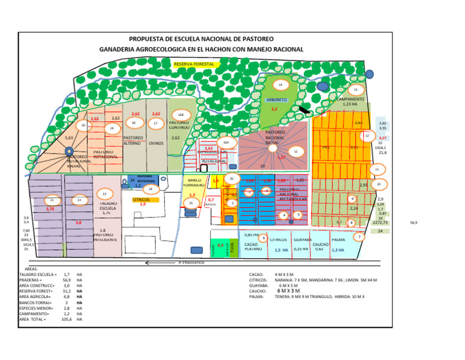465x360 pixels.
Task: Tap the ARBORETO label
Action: tap(276, 99)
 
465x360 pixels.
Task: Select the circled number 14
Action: tap(280, 85)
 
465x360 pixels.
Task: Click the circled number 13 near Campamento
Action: tap(355, 90)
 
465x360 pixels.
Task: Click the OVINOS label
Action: tap(156, 144)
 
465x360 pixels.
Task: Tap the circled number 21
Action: tap(53, 200)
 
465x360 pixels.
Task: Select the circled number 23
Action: tap(104, 194)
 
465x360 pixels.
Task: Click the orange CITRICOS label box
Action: tap(145, 199)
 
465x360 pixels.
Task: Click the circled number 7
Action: tap(360, 236)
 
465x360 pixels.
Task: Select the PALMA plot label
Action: tap(338, 239)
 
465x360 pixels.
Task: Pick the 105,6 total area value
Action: tap(66, 319)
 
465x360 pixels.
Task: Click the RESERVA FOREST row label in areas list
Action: tap(37, 291)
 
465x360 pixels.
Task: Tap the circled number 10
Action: tap(378, 184)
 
